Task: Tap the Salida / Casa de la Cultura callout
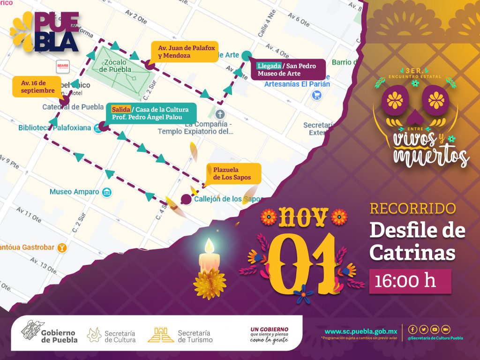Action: pos(150,113)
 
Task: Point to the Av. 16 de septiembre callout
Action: pos(37,86)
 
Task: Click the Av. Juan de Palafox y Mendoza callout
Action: pos(178,52)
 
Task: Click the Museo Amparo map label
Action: pos(75,192)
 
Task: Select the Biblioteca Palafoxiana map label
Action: pos(55,127)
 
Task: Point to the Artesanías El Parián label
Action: pos(297,84)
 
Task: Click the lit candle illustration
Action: pos(209,267)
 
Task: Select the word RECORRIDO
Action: pos(412,208)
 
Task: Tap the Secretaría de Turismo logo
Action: pos(180,336)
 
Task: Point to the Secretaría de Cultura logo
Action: pos(112,336)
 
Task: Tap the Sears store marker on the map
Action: pos(63,65)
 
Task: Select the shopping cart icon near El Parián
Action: pos(317,95)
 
